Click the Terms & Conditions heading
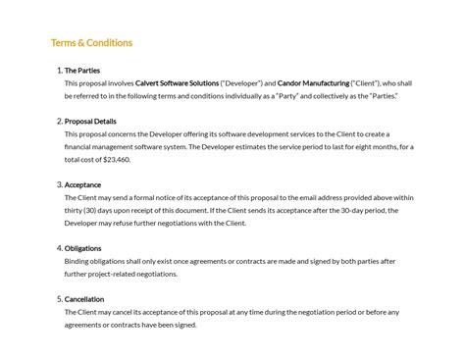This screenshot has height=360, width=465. pos(91,43)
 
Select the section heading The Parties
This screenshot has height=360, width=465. pos(82,71)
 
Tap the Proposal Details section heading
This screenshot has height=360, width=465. pos(90,122)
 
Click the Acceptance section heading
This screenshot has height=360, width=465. pos(83,184)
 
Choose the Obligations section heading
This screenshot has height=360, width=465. pos(83,248)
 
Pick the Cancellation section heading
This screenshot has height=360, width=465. pos(84,299)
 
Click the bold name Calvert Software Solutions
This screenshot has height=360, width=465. pos(177,83)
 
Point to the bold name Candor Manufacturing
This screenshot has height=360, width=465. pos(314,83)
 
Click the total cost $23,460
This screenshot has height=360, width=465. pos(116,159)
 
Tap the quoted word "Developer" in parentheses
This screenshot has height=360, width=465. pos(241,83)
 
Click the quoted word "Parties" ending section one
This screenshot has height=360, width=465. pos(382,96)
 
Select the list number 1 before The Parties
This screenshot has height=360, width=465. pos(59,71)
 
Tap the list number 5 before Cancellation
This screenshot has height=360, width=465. pos(59,299)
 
